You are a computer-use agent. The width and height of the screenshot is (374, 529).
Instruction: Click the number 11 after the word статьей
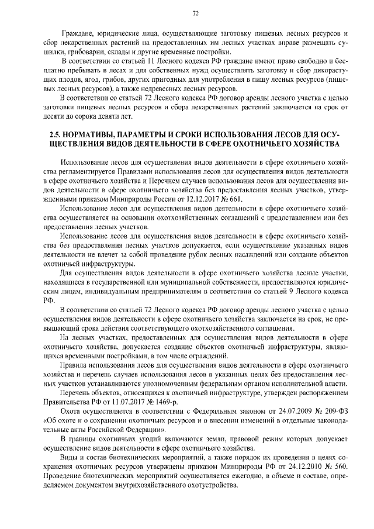coord(133,61)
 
